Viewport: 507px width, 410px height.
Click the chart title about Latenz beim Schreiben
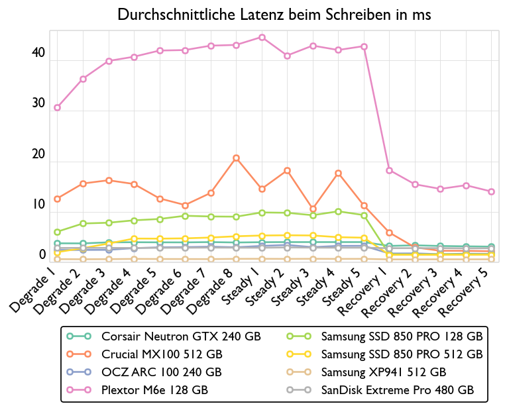(x=274, y=15)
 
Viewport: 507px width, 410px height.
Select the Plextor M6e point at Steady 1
(x=262, y=37)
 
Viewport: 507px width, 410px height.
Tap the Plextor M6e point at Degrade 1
(x=58, y=107)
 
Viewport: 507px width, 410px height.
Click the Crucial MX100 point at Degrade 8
(x=236, y=158)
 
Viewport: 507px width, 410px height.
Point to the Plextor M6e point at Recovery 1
(x=390, y=170)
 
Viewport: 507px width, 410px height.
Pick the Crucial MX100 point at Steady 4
(x=338, y=174)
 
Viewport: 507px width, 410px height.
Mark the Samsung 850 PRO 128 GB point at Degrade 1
(x=58, y=232)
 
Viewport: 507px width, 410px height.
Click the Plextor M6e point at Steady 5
(x=364, y=46)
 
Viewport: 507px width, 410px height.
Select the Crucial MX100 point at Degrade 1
(x=58, y=199)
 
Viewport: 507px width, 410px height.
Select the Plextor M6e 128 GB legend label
(x=154, y=390)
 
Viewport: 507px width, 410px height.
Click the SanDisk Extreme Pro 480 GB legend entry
(x=397, y=390)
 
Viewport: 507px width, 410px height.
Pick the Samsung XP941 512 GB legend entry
(x=383, y=372)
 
